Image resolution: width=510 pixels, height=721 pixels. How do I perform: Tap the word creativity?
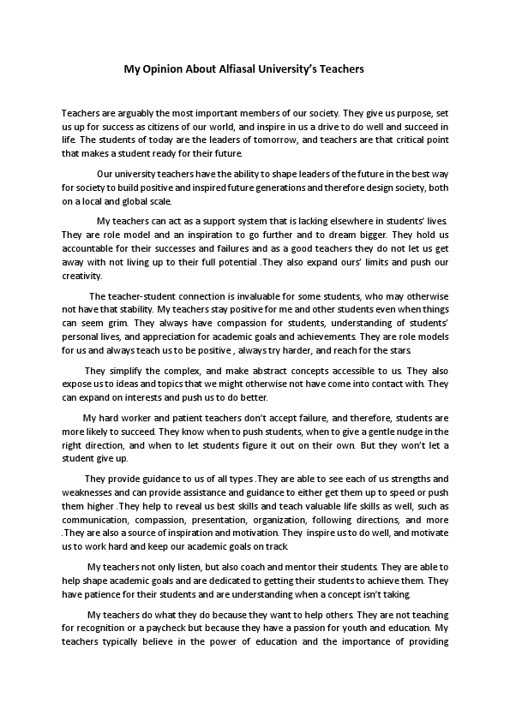tap(81, 277)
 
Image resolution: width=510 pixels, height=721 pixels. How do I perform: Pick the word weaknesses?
tap(90, 494)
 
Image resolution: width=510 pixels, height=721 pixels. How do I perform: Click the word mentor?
tap(288, 568)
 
